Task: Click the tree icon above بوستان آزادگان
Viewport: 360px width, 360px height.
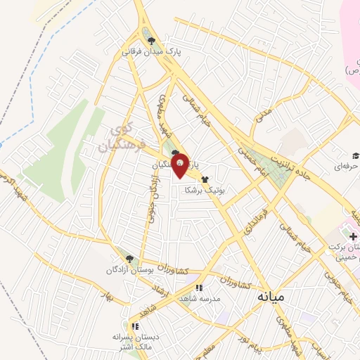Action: [x=125, y=258]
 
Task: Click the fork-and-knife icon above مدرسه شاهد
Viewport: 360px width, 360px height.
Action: [x=199, y=288]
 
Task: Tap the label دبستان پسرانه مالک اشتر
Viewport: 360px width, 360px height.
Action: [x=134, y=341]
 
